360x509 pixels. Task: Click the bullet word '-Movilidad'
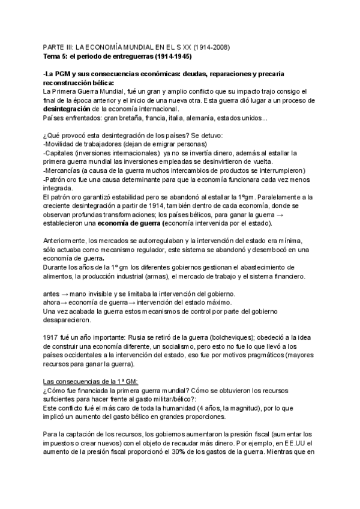pyautogui.click(x=62, y=145)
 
